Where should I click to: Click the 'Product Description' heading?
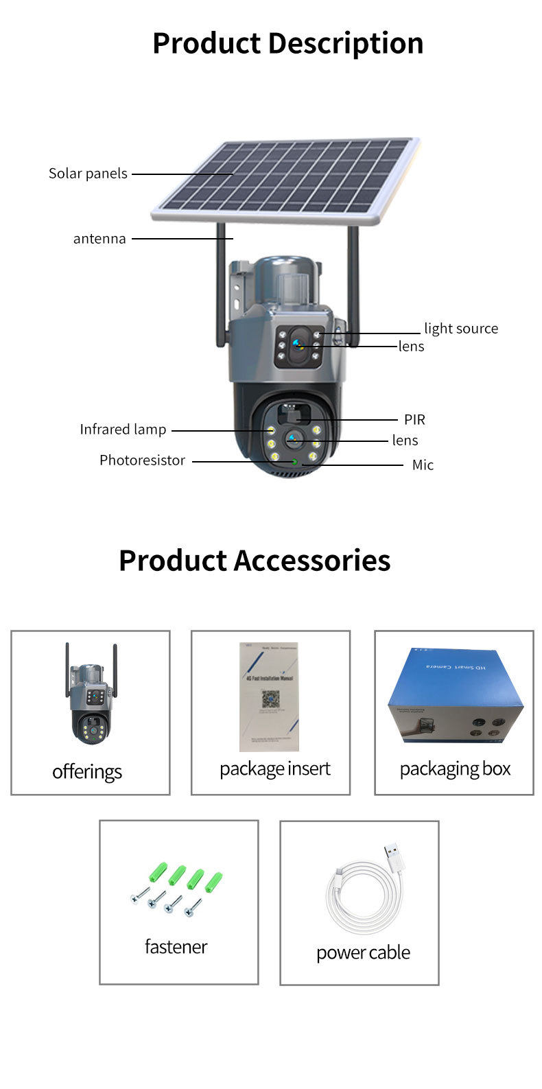[x=287, y=43]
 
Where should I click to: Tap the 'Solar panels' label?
[x=88, y=174]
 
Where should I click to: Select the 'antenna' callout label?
[x=99, y=239]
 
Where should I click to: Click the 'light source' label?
[x=460, y=329]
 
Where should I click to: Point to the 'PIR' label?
[x=414, y=419]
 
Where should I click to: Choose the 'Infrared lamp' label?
[x=123, y=430]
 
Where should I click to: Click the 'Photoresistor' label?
[x=142, y=460]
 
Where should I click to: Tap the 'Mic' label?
[x=423, y=465]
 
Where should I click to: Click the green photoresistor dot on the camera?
[x=295, y=462]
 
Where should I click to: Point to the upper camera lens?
[x=298, y=345]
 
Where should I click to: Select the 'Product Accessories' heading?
[x=255, y=560]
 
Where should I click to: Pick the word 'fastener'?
[x=176, y=947]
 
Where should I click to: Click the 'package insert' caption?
[x=274, y=769]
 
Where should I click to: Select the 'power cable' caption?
[x=363, y=953]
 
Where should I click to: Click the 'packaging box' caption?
[x=455, y=769]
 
